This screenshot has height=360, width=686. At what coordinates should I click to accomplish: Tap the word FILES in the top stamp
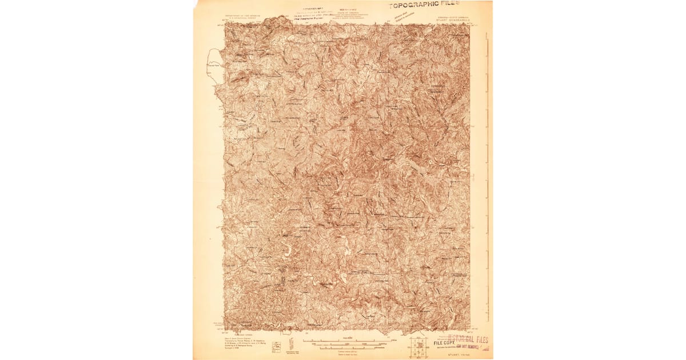460,4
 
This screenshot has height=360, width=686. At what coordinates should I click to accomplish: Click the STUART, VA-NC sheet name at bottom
455,354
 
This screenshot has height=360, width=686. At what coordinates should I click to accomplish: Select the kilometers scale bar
344,348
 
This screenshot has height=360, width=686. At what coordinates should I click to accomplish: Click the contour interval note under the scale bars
343,353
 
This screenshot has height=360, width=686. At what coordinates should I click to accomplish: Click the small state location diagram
276,347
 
